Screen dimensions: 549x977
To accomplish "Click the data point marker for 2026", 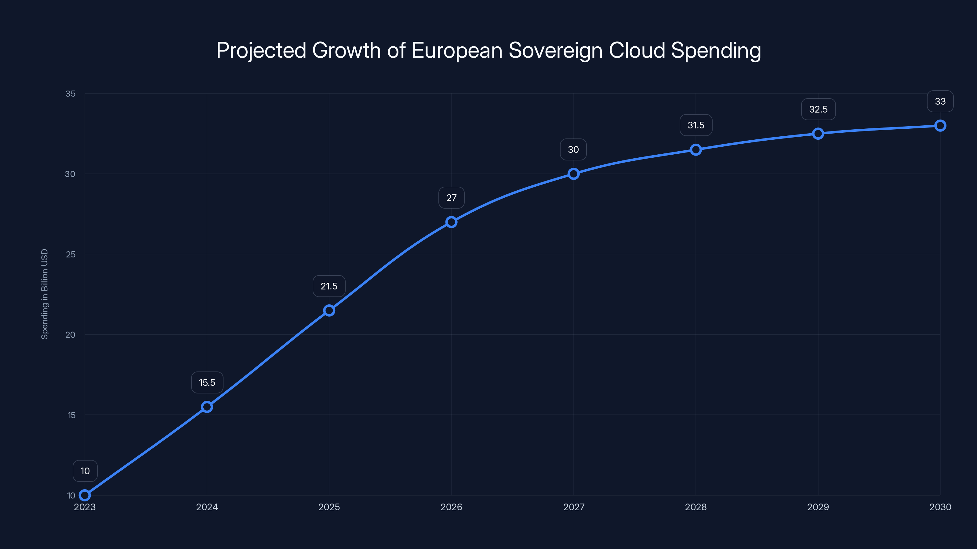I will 451,222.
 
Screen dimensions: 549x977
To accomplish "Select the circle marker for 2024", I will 207,407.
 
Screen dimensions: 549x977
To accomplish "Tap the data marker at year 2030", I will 940,125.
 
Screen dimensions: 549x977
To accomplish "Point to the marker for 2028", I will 696,150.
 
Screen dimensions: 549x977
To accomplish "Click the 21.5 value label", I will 329,286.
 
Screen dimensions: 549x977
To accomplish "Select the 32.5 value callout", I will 818,109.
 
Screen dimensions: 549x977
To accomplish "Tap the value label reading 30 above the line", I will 573,149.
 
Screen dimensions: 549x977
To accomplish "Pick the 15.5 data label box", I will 207,382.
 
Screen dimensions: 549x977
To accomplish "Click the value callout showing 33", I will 940,101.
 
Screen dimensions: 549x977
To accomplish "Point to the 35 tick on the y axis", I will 71,94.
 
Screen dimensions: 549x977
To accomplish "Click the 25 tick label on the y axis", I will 71,254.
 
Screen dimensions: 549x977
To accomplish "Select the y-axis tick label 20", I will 71,335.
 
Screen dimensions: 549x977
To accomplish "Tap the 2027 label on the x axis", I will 573,507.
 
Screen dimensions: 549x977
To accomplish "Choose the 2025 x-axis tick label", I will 329,507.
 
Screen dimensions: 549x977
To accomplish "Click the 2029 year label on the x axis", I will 818,507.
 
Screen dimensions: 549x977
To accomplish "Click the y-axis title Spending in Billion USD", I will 45,294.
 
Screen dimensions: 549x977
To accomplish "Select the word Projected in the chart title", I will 261,50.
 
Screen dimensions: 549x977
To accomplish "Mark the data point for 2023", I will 85,495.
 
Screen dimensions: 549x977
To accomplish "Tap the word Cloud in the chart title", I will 637,50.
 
